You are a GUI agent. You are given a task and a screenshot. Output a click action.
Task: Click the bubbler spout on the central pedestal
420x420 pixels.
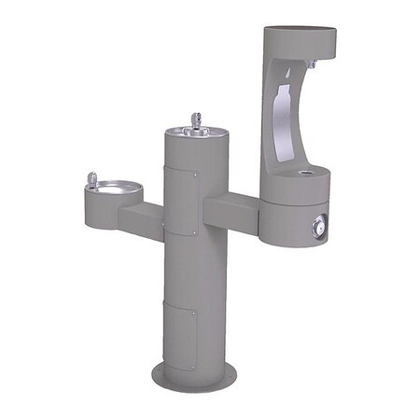pos(197,120)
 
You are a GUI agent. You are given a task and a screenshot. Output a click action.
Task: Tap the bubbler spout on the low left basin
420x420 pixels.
pos(91,177)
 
